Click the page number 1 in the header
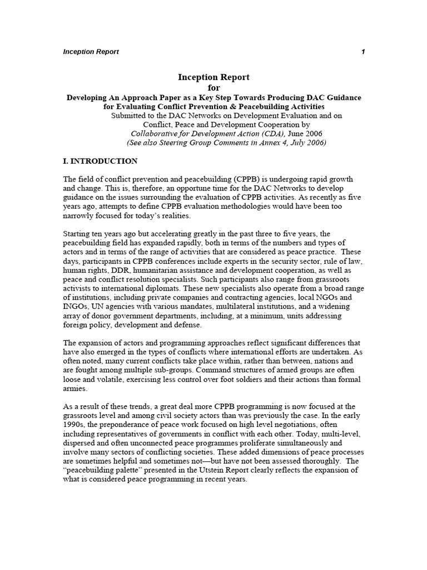(363, 52)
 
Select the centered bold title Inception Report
(213, 77)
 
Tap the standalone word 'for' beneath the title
(213, 87)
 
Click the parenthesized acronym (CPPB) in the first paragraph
(241, 179)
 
